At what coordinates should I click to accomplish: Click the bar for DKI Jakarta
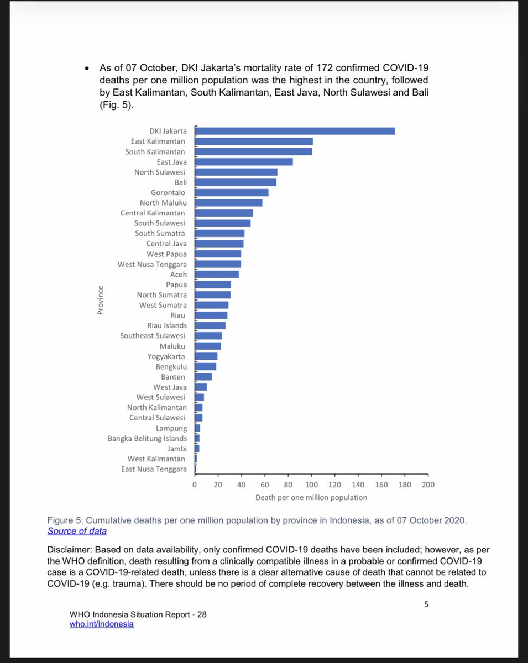[x=295, y=131]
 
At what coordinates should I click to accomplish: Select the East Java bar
[x=244, y=162]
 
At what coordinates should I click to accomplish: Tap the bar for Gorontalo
[x=232, y=192]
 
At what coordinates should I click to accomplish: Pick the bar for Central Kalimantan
[x=224, y=213]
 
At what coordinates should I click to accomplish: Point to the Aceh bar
[x=217, y=275]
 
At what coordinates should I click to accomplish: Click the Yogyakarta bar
[x=206, y=356]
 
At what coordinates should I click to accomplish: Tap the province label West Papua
[x=166, y=254]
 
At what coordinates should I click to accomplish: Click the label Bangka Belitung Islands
[x=147, y=439]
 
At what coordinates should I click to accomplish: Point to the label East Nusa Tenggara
[x=154, y=469]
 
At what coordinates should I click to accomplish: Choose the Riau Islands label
[x=167, y=326]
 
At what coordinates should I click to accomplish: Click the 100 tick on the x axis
[x=311, y=485]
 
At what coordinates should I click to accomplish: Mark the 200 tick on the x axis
[x=428, y=485]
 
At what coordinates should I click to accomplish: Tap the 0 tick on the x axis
[x=195, y=485]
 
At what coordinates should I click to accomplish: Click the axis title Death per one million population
[x=311, y=498]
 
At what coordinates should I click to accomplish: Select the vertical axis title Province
[x=101, y=300]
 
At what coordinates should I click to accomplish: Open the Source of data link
[x=77, y=532]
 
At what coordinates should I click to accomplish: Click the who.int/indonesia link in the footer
[x=102, y=624]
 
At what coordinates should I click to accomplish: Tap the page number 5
[x=426, y=604]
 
